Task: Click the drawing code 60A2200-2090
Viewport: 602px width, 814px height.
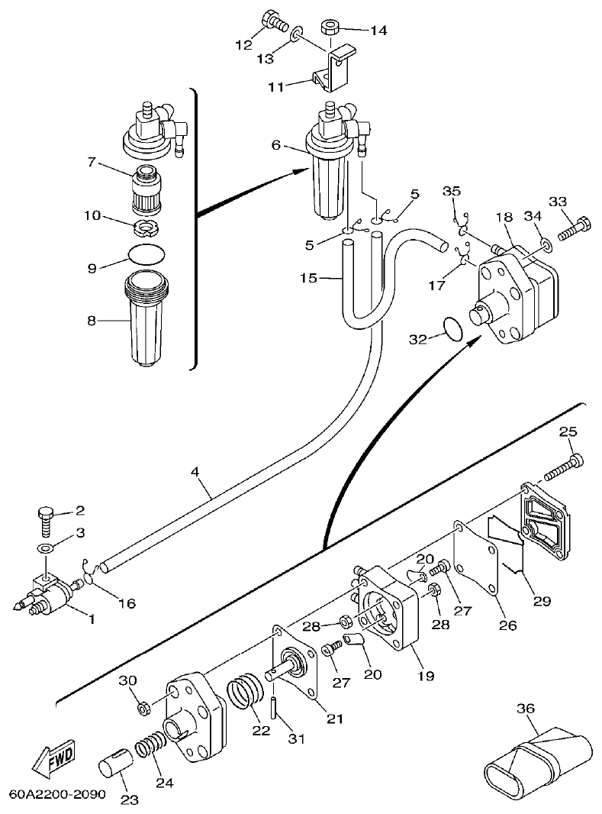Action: click(x=57, y=794)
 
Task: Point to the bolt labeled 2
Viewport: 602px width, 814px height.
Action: click(x=47, y=522)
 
